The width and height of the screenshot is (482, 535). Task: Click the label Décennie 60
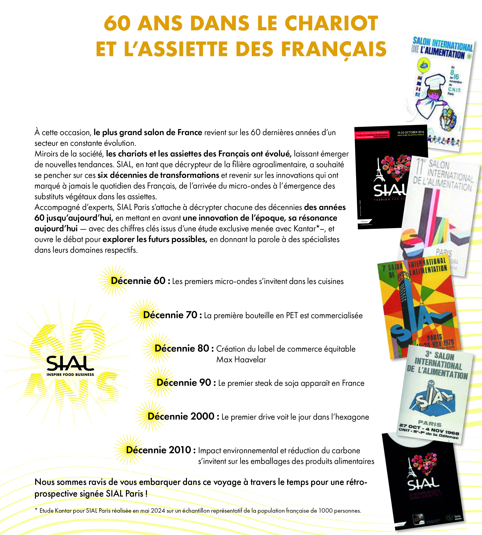pos(138,281)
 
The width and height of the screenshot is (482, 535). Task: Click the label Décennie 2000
pos(181,416)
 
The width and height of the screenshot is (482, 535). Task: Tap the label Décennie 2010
pos(158,450)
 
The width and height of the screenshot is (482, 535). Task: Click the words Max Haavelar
pos(241,360)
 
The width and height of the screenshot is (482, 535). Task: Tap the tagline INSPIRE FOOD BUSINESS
pos(70,374)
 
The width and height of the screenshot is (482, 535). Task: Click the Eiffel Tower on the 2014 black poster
pos(379,171)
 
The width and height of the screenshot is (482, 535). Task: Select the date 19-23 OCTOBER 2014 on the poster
pos(410,132)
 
